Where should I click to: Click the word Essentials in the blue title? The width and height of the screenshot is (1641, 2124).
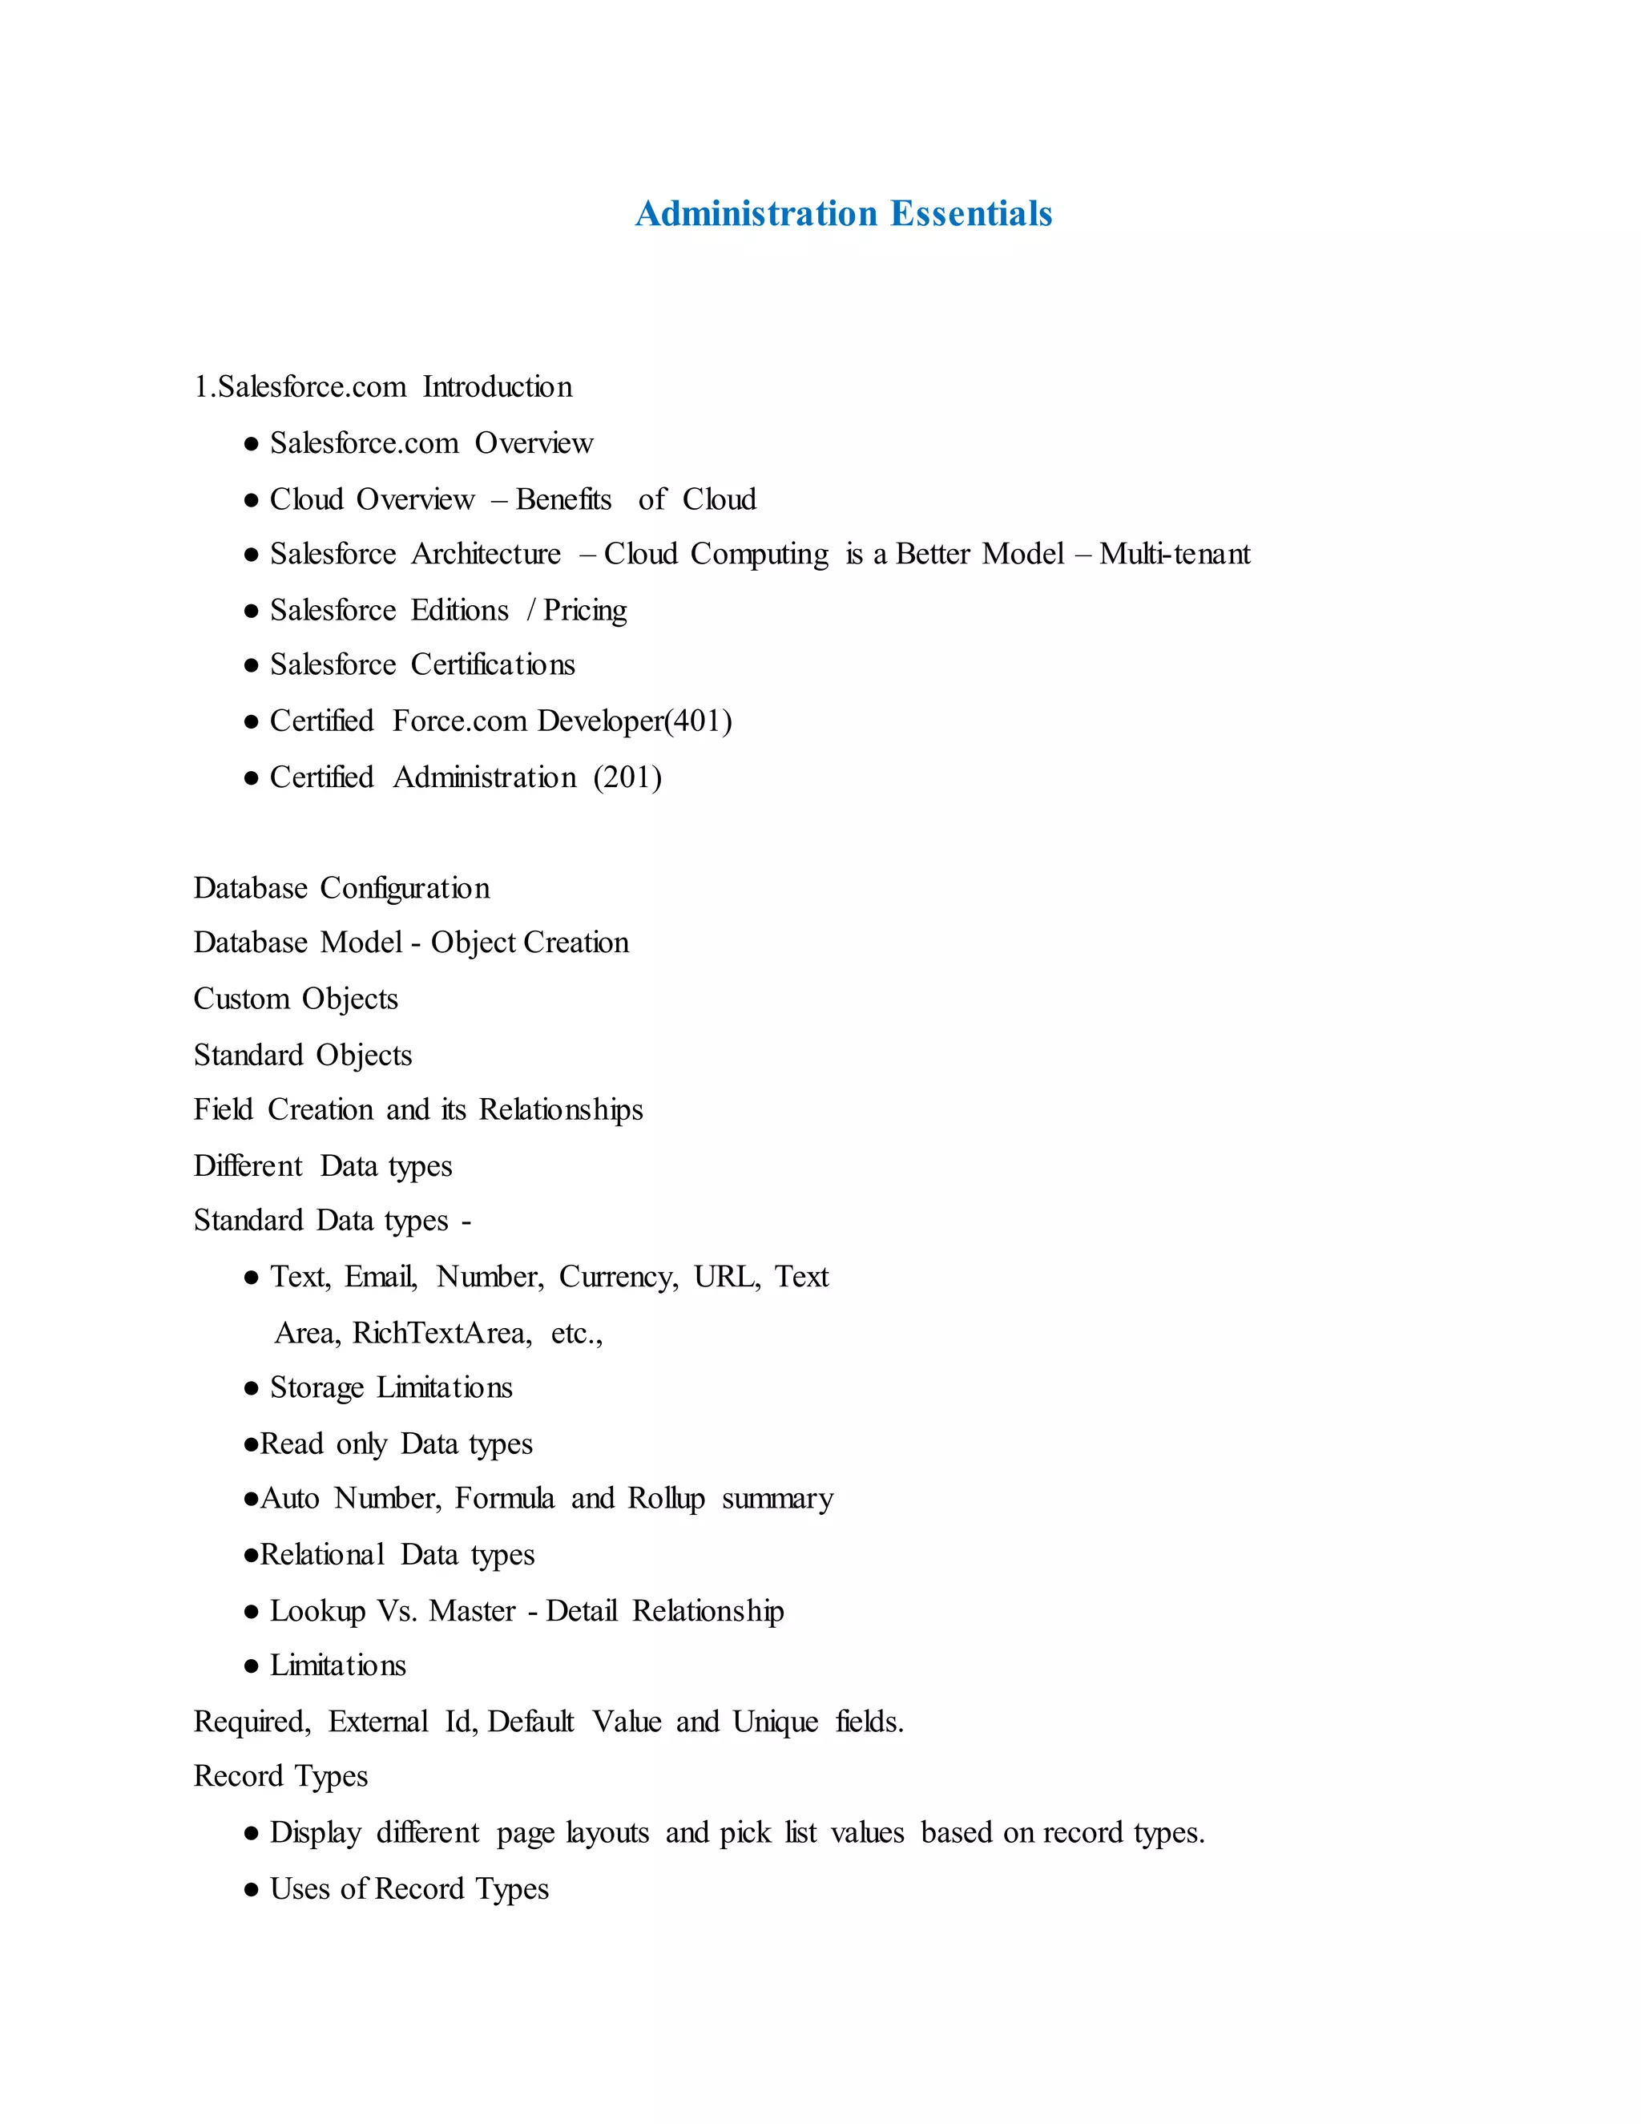click(970, 214)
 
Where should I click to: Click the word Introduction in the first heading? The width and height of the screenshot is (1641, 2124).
click(497, 387)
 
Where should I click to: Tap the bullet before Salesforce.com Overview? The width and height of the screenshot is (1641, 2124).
click(252, 445)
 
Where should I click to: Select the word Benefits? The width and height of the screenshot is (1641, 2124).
click(564, 500)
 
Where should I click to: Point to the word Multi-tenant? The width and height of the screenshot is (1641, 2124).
click(1175, 555)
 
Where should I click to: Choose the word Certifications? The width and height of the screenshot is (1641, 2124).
click(492, 665)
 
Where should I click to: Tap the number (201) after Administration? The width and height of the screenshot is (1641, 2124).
click(627, 778)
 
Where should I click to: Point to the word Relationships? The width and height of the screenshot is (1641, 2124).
click(561, 1111)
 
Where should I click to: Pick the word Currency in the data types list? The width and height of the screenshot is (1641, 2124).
click(619, 1277)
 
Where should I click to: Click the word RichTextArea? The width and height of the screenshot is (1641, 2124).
click(442, 1334)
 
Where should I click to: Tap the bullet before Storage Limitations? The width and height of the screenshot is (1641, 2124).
click(252, 1389)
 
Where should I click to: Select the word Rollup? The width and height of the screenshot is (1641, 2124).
click(666, 1500)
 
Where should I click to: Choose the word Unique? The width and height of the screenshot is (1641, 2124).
click(775, 1722)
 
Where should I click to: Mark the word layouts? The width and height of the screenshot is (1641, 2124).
click(607, 1833)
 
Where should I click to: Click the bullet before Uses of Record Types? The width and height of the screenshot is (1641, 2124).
click(252, 1890)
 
